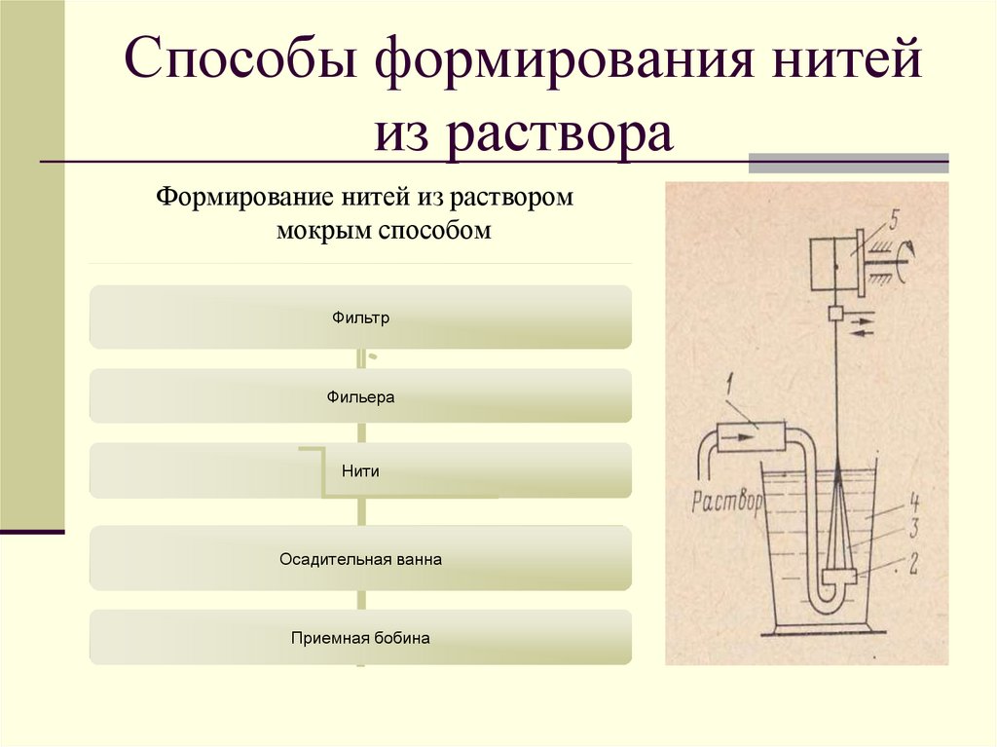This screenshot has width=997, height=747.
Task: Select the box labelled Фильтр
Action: pyautogui.click(x=360, y=317)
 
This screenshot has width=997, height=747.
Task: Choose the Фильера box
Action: pyautogui.click(x=360, y=397)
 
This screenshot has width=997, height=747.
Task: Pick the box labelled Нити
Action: pyautogui.click(x=360, y=470)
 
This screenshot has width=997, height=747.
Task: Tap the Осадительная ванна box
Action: pyautogui.click(x=360, y=560)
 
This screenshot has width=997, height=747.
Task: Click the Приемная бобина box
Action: pyautogui.click(x=360, y=639)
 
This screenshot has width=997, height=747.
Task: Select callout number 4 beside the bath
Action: pyautogui.click(x=914, y=504)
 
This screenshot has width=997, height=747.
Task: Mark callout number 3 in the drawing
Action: pyautogui.click(x=914, y=532)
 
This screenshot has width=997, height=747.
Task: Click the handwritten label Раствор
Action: pyautogui.click(x=725, y=503)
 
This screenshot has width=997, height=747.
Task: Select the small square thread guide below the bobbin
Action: pyautogui.click(x=835, y=315)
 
